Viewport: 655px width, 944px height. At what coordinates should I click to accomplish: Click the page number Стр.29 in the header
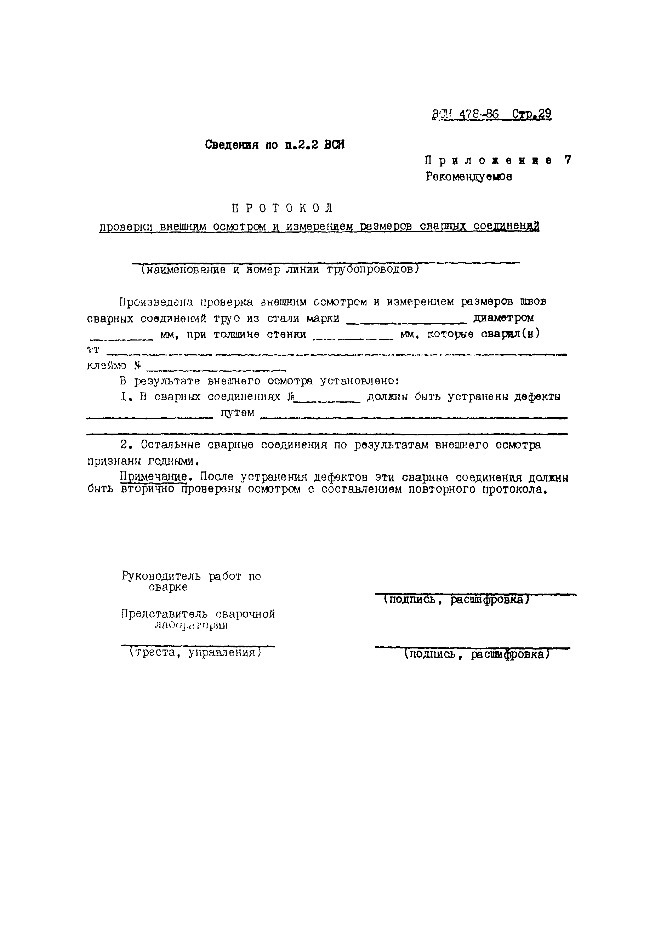tap(531, 114)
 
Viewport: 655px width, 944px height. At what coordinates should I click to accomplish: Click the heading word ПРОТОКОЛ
tap(282, 208)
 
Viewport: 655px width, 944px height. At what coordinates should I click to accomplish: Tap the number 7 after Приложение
tap(568, 160)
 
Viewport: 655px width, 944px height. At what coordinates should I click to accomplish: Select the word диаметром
tap(503, 318)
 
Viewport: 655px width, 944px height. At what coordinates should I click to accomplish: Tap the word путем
tap(238, 413)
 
